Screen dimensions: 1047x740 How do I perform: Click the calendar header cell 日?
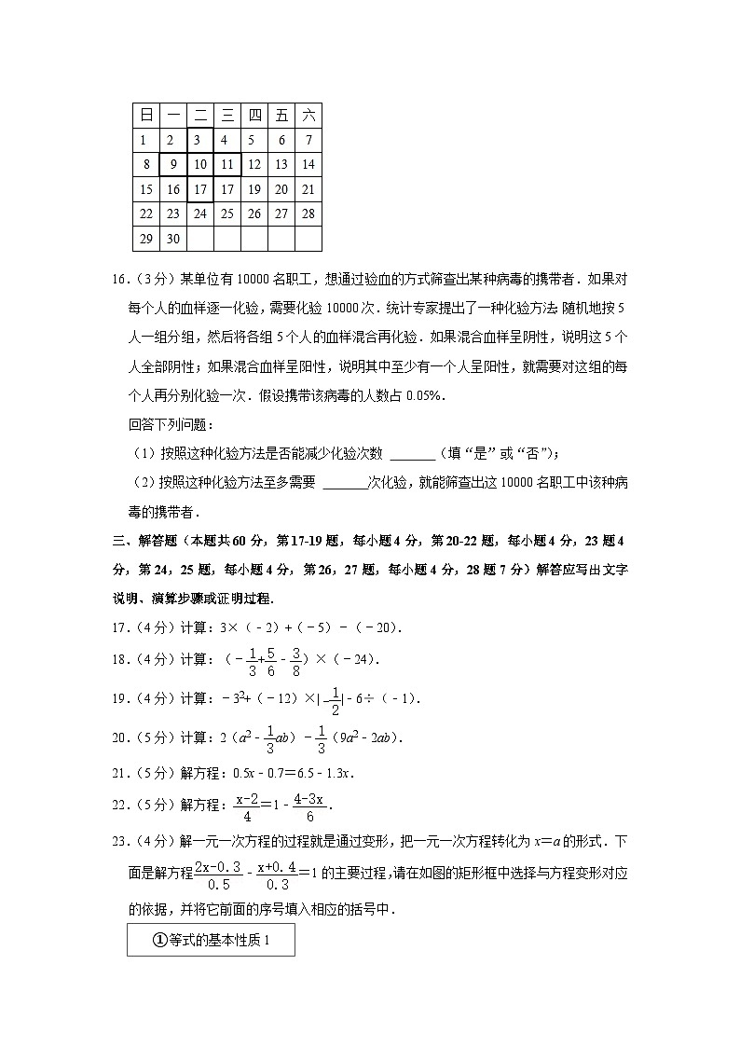coord(146,116)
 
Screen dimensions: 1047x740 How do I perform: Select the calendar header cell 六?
coord(308,116)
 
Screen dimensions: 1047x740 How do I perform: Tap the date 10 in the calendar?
coord(200,165)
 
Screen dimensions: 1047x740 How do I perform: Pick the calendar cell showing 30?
coord(173,239)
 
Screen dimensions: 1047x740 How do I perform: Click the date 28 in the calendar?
coord(308,214)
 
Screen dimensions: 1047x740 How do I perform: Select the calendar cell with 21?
coord(308,189)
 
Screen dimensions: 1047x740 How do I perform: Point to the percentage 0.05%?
coord(424,395)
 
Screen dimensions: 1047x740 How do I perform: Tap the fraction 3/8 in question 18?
coord(296,659)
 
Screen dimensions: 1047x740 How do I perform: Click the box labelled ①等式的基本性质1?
coord(211,941)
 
